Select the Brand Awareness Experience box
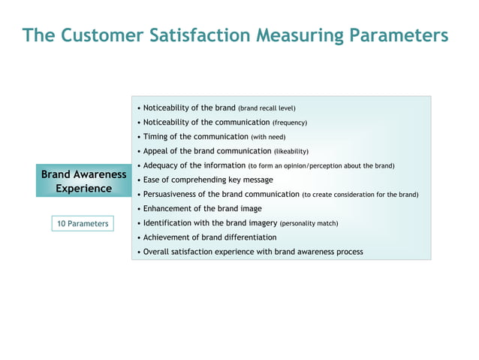(x=83, y=181)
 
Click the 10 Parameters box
(x=83, y=223)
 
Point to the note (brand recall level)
(x=267, y=108)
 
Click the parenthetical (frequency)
(x=289, y=123)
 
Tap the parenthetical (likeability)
(x=291, y=151)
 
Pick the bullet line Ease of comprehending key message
(x=208, y=180)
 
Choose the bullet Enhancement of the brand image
(x=202, y=208)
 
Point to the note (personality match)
(x=309, y=223)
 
